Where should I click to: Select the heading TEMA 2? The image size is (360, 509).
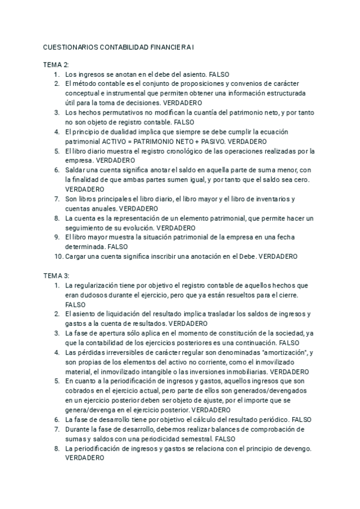point(56,65)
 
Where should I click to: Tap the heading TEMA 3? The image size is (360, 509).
point(56,276)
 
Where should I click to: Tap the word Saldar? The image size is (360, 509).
point(76,170)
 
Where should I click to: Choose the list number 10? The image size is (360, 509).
point(58,256)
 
